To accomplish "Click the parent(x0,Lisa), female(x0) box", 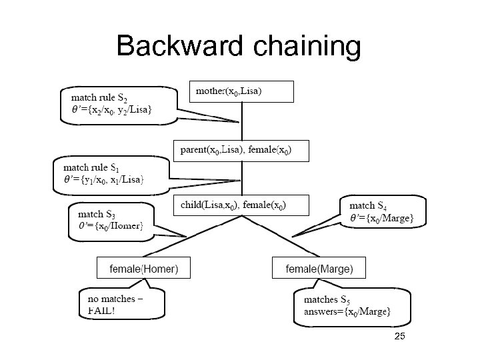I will click(x=241, y=151).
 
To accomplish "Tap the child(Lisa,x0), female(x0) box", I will click(x=241, y=205).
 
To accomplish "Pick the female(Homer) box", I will click(x=143, y=269).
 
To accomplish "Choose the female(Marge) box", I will click(x=319, y=269).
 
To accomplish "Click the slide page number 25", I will click(x=399, y=337).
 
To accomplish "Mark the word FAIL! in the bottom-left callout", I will click(x=101, y=311).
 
